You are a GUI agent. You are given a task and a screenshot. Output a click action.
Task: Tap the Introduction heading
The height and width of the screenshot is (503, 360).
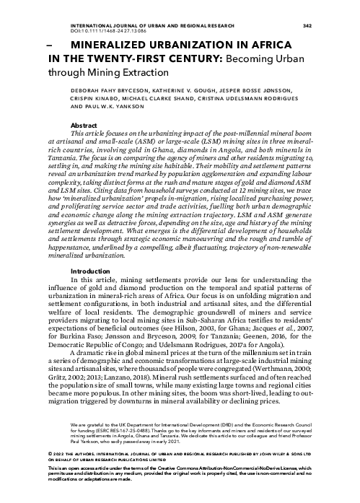89,271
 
